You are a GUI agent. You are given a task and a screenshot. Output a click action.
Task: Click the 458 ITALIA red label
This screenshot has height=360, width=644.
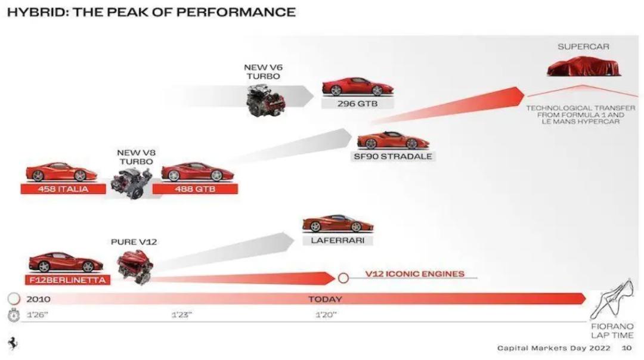(x=63, y=189)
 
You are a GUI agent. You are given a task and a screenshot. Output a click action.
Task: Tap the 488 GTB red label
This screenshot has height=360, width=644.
(x=195, y=189)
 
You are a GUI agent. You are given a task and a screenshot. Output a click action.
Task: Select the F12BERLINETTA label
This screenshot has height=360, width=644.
(x=68, y=280)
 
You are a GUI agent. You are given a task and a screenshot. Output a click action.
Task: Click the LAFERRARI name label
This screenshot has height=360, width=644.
(x=338, y=240)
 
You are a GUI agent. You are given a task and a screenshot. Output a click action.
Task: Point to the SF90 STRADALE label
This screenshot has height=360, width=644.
(x=393, y=156)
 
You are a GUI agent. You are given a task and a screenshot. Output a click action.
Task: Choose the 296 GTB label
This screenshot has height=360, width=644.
(x=357, y=104)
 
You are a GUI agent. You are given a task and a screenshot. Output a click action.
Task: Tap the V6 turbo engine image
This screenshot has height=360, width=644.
(x=265, y=100)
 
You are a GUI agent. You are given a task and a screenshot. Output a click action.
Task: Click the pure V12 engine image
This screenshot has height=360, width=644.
(x=135, y=266)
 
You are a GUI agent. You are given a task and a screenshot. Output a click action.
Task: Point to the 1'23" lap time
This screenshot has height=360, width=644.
(x=181, y=315)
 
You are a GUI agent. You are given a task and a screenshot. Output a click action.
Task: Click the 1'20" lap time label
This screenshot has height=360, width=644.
(x=326, y=315)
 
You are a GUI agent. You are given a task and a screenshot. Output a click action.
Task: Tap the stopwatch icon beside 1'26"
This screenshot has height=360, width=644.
(x=14, y=315)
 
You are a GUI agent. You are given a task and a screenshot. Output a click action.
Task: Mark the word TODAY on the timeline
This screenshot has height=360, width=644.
(x=325, y=299)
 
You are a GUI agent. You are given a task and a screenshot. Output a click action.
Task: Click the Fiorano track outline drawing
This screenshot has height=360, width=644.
(x=612, y=299)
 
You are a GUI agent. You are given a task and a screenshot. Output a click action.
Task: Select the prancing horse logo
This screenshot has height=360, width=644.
(x=13, y=343)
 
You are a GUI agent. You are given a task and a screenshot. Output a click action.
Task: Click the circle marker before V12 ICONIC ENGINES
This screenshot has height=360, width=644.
(x=343, y=278)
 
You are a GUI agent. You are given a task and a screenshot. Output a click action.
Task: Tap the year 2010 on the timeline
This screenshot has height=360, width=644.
(x=38, y=299)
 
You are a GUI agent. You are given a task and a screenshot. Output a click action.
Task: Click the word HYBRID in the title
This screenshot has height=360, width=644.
(x=35, y=13)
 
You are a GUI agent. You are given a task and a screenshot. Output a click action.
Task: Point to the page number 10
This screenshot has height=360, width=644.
(x=626, y=348)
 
